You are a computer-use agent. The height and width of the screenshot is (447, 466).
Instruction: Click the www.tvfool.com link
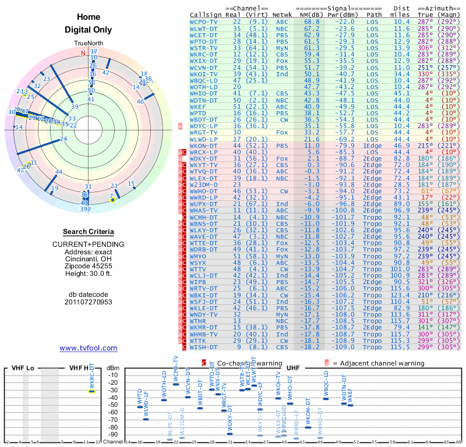(88, 348)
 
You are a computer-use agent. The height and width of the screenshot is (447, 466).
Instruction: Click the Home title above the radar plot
(88, 17)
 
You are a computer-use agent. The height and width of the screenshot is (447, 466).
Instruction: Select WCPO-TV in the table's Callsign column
(204, 22)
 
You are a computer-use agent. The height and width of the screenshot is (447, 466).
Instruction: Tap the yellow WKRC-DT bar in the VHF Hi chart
(91, 391)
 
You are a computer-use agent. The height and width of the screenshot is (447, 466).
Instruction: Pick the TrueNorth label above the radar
(88, 44)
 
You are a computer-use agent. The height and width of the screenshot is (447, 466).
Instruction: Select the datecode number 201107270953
(88, 302)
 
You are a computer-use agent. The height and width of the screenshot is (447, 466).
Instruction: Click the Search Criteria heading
(88, 232)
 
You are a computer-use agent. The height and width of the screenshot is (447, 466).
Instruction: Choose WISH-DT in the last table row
(204, 347)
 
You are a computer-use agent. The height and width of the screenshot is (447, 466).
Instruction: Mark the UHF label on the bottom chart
(294, 368)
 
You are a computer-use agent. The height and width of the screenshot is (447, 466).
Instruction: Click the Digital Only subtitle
(88, 30)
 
